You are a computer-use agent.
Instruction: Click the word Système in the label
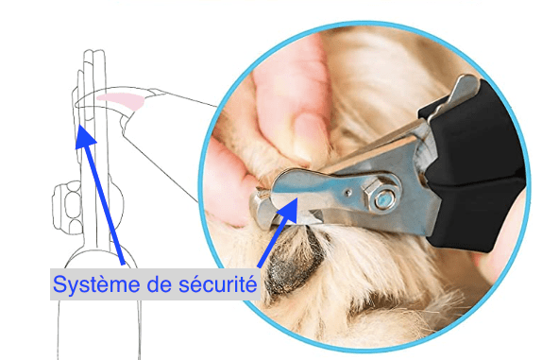pos(96,284)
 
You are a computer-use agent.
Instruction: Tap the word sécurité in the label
pos(218,284)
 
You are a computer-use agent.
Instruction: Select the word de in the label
pos(159,284)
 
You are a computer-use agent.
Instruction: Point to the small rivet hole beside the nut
pos(348,192)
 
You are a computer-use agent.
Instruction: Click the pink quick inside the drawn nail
pos(121,100)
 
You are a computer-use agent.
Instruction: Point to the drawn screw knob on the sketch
pos(66,208)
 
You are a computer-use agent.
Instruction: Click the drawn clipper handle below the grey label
pos(98,329)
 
